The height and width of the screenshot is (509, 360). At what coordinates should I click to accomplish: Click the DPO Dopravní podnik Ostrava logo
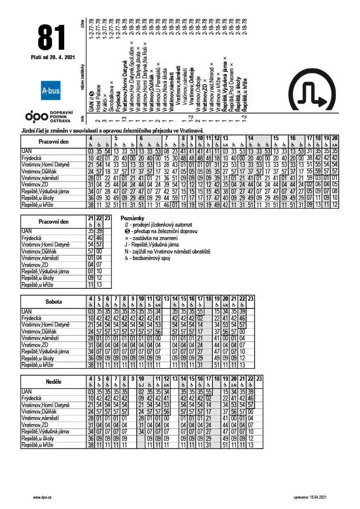(x=49, y=116)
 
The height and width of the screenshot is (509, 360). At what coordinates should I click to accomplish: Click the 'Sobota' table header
(x=53, y=301)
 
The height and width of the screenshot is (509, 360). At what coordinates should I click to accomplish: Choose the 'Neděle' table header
(x=53, y=382)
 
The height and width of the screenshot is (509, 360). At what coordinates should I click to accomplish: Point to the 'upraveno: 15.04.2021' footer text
(x=310, y=497)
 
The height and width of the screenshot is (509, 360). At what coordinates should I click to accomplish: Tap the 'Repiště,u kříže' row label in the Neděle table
(x=37, y=445)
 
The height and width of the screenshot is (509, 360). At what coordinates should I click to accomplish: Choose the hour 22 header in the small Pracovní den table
(x=99, y=218)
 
